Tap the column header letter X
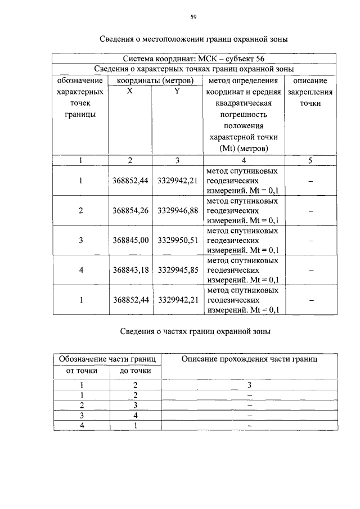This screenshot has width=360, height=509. point(130,91)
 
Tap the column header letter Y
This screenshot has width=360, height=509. point(177,91)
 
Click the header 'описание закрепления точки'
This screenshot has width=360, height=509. point(310,92)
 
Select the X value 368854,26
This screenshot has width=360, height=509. point(130,210)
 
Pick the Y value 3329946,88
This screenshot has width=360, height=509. point(178,210)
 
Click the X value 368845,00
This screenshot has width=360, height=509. point(130,240)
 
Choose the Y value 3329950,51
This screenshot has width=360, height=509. point(178,240)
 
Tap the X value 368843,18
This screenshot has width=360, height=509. point(130,270)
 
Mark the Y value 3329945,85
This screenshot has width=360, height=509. point(178,270)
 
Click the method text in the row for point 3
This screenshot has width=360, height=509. point(242,240)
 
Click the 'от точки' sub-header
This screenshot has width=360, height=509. point(82,371)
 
